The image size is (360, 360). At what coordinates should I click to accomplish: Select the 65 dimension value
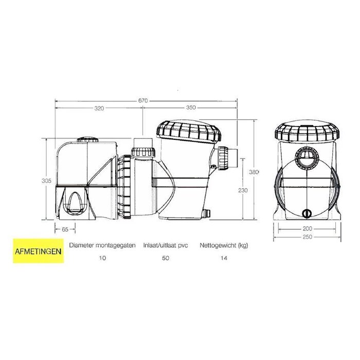[65, 230]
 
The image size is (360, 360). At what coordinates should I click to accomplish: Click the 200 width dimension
[307, 228]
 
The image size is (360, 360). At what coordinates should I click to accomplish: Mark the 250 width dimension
[307, 237]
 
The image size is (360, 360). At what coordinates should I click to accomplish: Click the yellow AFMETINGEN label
[38, 251]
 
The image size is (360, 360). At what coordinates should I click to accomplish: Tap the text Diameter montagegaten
[101, 246]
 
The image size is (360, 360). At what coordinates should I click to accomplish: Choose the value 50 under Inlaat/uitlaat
[165, 258]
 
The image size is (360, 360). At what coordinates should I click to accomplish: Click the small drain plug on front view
[307, 212]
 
